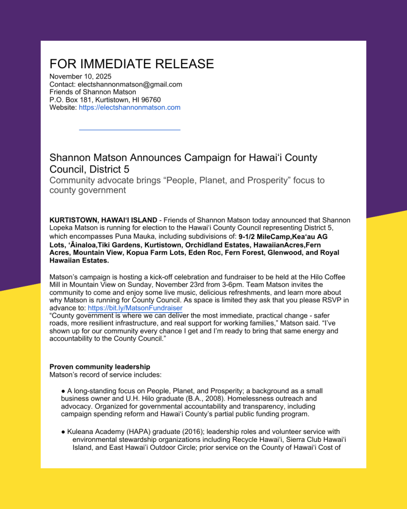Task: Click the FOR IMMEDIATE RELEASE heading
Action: (132, 64)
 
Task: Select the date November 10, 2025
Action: (81, 77)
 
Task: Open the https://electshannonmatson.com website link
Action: (129, 107)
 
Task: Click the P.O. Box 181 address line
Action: (105, 100)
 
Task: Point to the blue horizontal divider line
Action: (129, 130)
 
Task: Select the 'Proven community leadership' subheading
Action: (99, 367)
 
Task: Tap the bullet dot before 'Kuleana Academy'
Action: (64, 432)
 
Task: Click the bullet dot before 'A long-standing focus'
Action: (64, 391)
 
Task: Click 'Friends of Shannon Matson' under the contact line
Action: (92, 92)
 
